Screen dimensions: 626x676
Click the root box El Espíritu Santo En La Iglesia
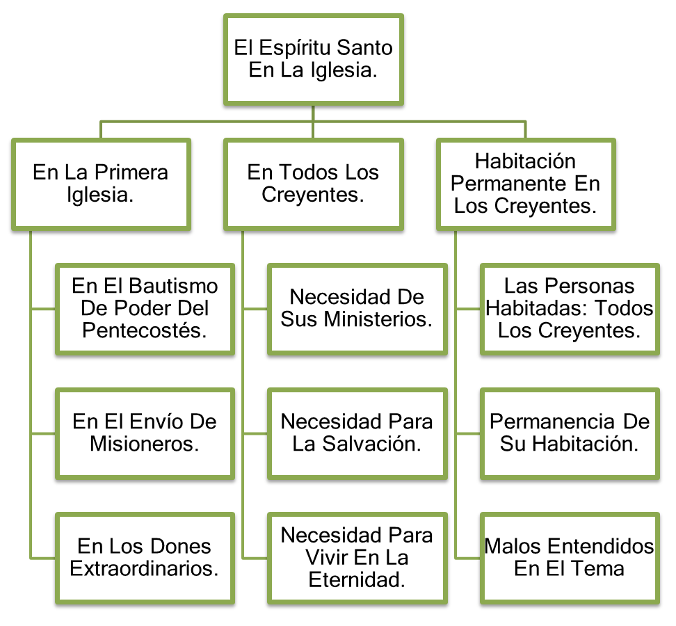pyautogui.click(x=313, y=59)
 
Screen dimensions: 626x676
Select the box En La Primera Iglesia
pyautogui.click(x=101, y=184)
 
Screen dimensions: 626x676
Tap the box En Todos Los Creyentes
pyautogui.click(x=313, y=184)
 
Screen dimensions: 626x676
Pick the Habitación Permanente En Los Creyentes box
pyautogui.click(x=526, y=184)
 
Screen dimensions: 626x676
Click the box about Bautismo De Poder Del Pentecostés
pyautogui.click(x=145, y=308)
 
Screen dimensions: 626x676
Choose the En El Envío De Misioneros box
pyautogui.click(x=145, y=433)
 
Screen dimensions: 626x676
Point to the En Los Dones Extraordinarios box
pyautogui.click(x=145, y=557)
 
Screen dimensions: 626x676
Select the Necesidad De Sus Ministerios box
pyautogui.click(x=357, y=308)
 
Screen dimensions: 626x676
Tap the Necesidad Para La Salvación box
pyautogui.click(x=357, y=433)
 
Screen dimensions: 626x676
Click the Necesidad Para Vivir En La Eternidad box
pyautogui.click(x=357, y=557)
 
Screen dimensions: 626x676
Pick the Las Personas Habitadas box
pyautogui.click(x=569, y=308)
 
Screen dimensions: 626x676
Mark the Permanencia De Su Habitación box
pyautogui.click(x=569, y=433)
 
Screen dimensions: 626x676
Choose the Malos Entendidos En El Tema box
pyautogui.click(x=569, y=557)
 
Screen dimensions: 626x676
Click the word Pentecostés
pyautogui.click(x=145, y=330)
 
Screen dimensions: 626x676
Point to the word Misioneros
pyautogui.click(x=145, y=444)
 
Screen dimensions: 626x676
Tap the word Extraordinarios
pyautogui.click(x=145, y=568)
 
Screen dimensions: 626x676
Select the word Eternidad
pyautogui.click(x=357, y=579)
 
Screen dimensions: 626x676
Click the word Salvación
pyautogui.click(x=371, y=444)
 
